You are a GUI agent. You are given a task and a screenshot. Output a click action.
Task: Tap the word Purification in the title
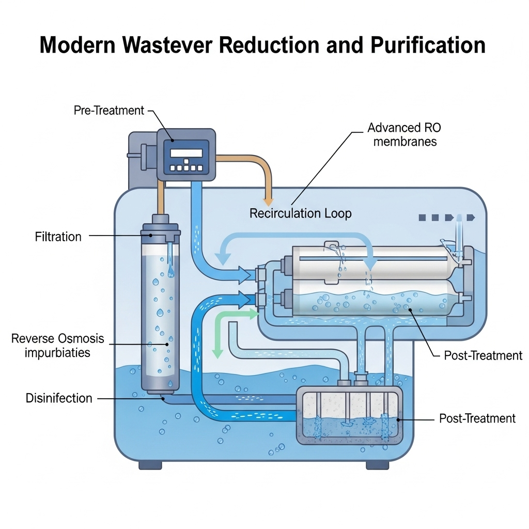427,45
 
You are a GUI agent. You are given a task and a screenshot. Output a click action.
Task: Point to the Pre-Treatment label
108,110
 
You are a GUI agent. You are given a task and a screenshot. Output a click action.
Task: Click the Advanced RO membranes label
404,134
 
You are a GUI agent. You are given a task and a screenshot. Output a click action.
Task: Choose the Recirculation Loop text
300,213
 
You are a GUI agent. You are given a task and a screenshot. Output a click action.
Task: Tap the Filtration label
58,237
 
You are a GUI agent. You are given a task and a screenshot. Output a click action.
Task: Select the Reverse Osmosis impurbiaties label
57,346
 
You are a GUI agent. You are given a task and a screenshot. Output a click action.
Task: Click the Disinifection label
59,398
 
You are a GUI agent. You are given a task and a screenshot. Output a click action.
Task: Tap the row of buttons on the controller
186,168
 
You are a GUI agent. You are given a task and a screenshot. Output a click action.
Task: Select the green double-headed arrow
227,331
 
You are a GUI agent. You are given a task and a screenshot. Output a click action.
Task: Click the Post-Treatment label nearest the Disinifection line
477,418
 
